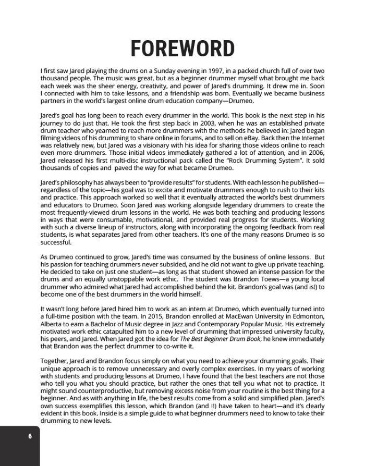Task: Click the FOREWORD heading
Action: pos(182,48)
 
